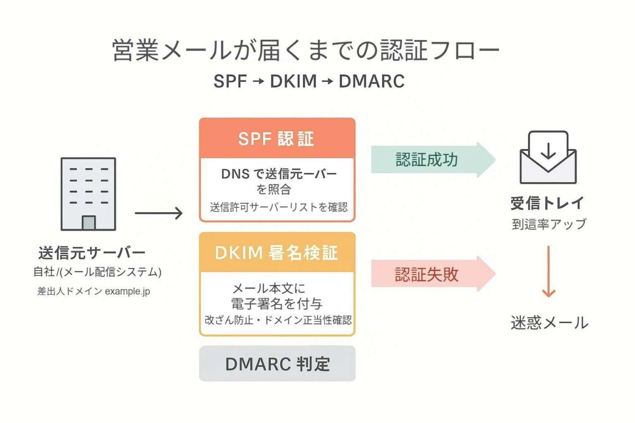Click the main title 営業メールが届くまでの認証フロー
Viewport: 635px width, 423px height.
coord(306,51)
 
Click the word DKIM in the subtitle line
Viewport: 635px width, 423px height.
coord(293,81)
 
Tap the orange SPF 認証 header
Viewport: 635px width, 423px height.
coord(277,139)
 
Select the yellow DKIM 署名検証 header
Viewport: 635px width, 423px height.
coord(277,253)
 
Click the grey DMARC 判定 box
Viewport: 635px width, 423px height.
coord(277,364)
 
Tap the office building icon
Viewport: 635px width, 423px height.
coord(88,193)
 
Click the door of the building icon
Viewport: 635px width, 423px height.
coord(89,223)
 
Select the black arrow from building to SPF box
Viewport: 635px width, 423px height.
coord(159,214)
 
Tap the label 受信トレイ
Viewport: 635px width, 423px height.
coord(548,203)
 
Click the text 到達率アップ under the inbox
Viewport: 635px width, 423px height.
coord(549,224)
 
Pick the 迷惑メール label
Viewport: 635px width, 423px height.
coord(549,323)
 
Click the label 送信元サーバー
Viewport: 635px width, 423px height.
coord(92,253)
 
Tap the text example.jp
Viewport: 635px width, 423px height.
coord(127,292)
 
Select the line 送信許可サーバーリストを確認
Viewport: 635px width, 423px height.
coord(278,207)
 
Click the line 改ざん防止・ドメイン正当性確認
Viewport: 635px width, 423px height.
coord(278,320)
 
